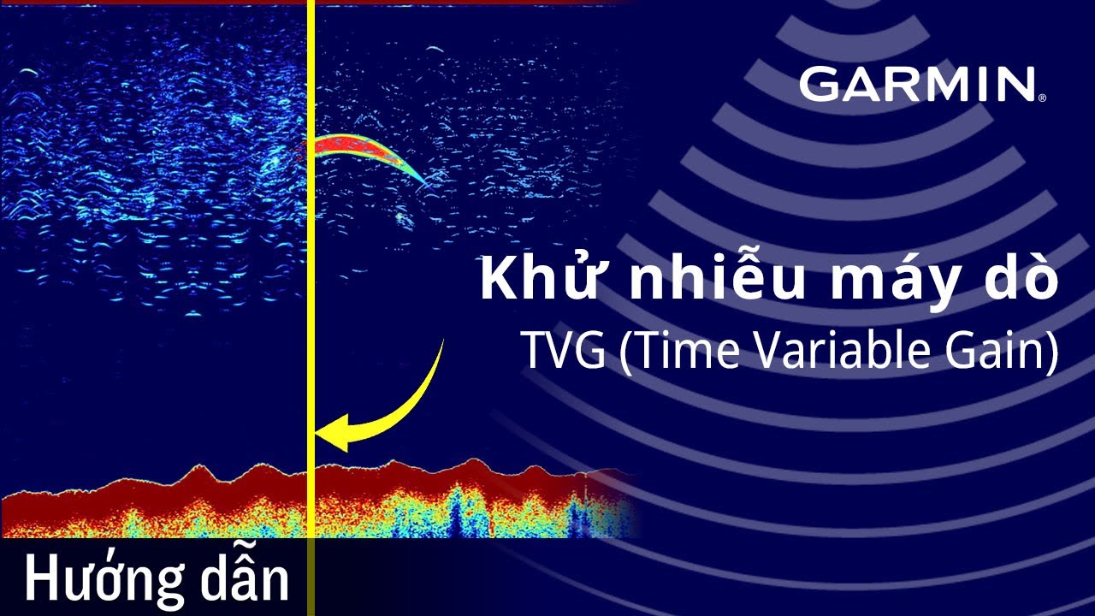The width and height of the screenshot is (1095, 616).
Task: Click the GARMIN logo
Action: point(917,85)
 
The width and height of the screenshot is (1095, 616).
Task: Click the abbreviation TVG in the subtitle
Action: point(563,351)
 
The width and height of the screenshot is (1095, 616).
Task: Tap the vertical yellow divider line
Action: point(311,257)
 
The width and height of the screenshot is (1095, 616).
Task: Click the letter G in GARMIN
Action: point(820,85)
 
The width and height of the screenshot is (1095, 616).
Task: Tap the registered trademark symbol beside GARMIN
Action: point(1042,98)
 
